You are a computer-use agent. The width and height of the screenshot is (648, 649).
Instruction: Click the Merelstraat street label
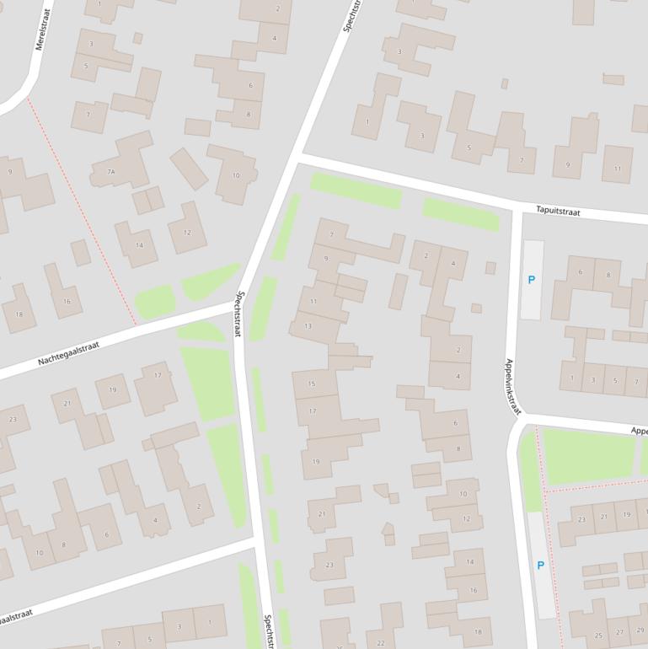[x=43, y=29]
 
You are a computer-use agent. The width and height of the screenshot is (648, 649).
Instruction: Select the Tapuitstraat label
[x=558, y=211]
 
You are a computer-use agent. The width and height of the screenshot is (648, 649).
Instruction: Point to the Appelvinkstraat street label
[x=512, y=387]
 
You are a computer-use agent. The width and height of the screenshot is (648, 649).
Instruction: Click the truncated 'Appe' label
[x=639, y=431]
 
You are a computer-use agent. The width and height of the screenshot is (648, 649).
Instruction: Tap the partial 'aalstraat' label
[x=15, y=618]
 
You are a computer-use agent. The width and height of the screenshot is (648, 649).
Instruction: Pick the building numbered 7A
[x=110, y=171]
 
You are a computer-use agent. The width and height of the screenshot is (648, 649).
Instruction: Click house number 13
[x=308, y=325]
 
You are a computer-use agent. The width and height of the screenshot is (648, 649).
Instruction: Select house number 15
[x=312, y=383]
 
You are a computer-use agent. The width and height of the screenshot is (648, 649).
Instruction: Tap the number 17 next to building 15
[x=312, y=411]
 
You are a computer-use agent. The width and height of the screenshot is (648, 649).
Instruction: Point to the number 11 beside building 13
[x=313, y=301]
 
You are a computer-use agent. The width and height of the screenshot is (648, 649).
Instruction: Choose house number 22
[x=381, y=643]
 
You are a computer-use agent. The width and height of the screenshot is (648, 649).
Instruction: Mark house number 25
[x=599, y=636]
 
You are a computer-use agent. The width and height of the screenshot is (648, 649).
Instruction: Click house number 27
[x=620, y=631]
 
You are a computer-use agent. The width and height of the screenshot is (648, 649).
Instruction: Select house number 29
[x=640, y=630]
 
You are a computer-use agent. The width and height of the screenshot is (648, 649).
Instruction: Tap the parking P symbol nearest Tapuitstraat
[x=531, y=280]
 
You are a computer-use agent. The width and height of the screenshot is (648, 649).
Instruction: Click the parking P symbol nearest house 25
[x=540, y=566]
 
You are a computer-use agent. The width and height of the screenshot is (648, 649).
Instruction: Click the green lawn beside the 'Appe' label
[x=586, y=455]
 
